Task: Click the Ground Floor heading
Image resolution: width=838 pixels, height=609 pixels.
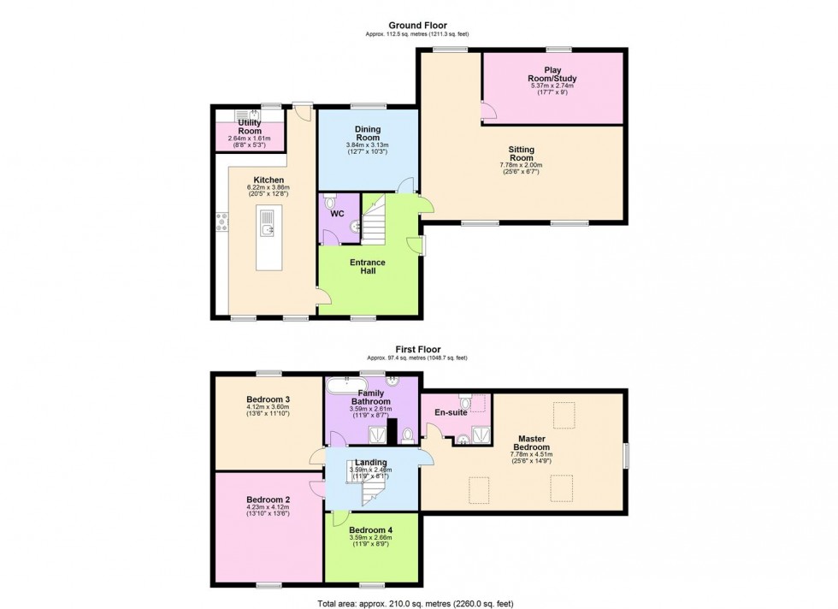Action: [x=418, y=26]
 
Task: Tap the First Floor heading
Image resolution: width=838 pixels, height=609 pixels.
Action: [x=418, y=349]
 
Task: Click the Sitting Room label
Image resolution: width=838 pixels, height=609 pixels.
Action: [x=522, y=154]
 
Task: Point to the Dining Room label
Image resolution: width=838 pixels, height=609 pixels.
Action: [x=368, y=133]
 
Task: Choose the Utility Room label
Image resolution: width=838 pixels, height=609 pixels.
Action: [x=250, y=127]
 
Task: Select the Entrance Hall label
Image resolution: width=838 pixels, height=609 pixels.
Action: [x=369, y=266]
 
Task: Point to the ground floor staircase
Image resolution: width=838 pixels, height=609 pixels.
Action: [x=375, y=218]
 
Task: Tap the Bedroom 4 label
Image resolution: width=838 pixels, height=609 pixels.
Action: [x=372, y=529]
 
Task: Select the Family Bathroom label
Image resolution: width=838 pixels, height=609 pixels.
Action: [x=371, y=398]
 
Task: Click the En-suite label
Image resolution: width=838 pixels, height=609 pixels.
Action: [x=449, y=412]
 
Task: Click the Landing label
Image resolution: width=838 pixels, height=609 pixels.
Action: [x=372, y=463]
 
